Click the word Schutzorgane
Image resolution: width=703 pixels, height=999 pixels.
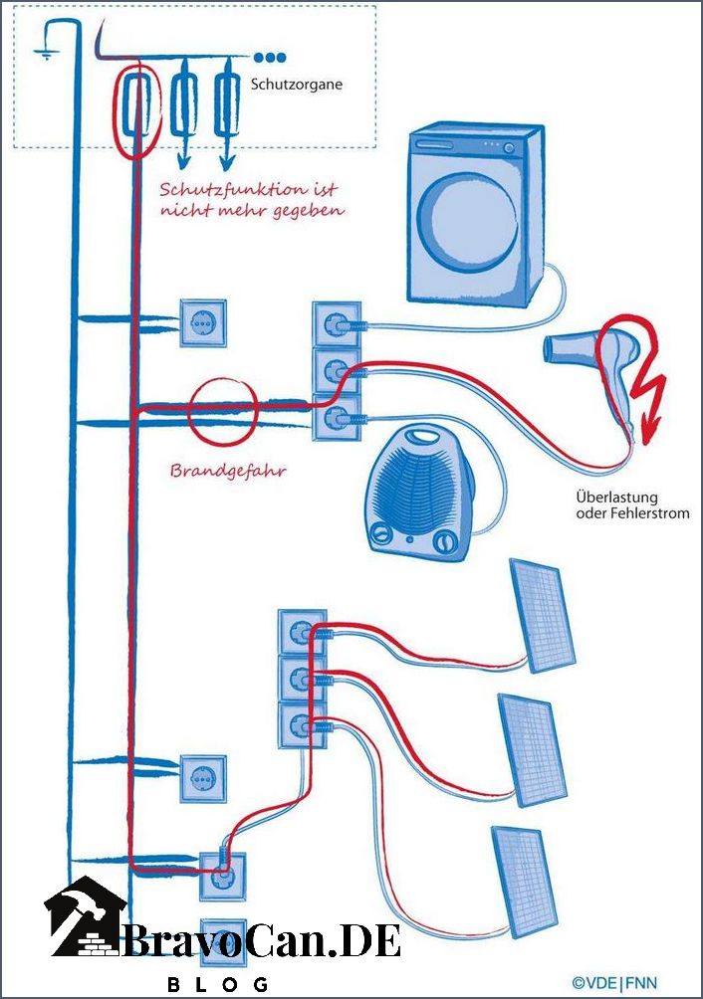coord(297,85)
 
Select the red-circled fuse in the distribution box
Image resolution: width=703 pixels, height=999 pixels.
coord(134,104)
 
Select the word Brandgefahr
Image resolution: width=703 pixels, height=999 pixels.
coord(228,472)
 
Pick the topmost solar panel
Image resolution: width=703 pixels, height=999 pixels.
coord(543,615)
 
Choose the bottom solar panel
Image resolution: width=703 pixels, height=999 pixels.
coord(524,882)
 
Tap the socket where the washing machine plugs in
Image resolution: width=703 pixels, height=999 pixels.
coord(338,324)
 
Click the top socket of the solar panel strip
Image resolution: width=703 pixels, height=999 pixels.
coord(302,633)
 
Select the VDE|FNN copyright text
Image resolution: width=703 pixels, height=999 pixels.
coord(613,982)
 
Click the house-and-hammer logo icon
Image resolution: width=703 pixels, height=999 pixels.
coord(86,916)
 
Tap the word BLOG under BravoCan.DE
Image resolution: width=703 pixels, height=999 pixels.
coord(217,984)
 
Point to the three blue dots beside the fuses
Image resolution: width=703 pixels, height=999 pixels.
coord(270,58)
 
